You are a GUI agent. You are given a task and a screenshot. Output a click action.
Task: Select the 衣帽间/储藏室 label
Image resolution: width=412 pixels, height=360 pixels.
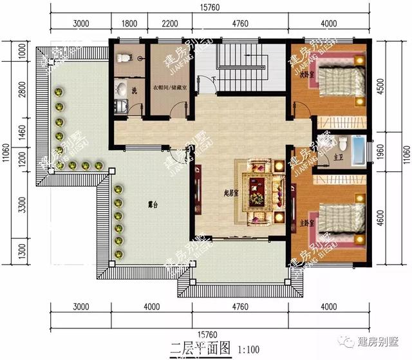170,88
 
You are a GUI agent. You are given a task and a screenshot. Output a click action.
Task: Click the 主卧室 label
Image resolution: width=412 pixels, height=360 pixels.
306,223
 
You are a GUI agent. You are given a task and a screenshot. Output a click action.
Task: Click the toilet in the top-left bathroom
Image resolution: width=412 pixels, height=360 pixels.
124,58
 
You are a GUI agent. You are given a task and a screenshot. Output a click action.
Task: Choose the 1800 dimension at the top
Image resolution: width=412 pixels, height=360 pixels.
129,24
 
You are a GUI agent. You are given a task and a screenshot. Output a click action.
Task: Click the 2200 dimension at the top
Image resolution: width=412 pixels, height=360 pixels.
169,24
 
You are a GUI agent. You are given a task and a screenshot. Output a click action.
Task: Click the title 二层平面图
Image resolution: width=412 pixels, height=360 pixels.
200,350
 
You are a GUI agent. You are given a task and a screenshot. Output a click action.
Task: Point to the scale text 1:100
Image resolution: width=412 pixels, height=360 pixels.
248,350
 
